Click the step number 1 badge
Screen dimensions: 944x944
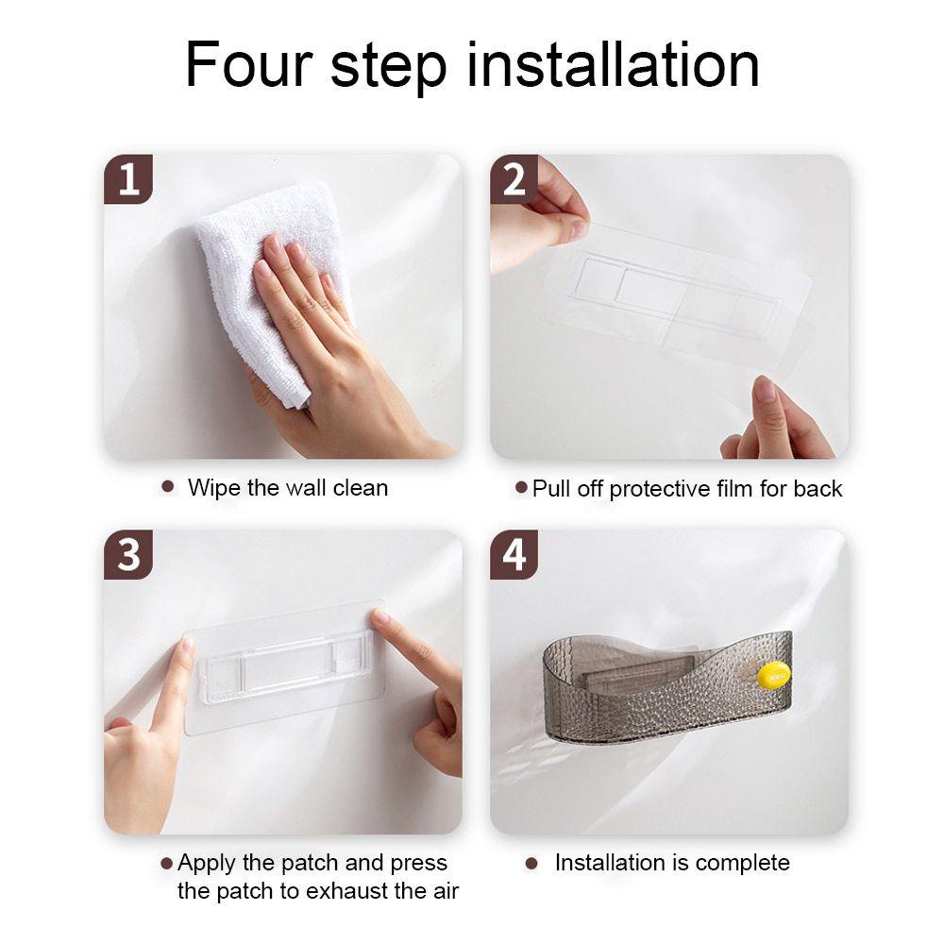tap(128, 178)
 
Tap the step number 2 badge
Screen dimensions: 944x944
tap(514, 178)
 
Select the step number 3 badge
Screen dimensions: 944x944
tap(128, 554)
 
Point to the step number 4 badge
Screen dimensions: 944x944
tap(514, 554)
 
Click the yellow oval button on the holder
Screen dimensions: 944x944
tap(773, 674)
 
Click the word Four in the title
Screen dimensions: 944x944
tap(249, 64)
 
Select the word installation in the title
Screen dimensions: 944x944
tap(613, 64)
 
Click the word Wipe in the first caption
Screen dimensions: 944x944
tap(215, 488)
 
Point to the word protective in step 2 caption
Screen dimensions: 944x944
tap(659, 489)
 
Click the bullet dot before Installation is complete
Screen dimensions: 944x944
tap(531, 864)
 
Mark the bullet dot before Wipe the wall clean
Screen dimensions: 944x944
tap(168, 486)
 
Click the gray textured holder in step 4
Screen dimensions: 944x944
tap(667, 686)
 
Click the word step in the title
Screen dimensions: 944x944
tap(388, 67)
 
